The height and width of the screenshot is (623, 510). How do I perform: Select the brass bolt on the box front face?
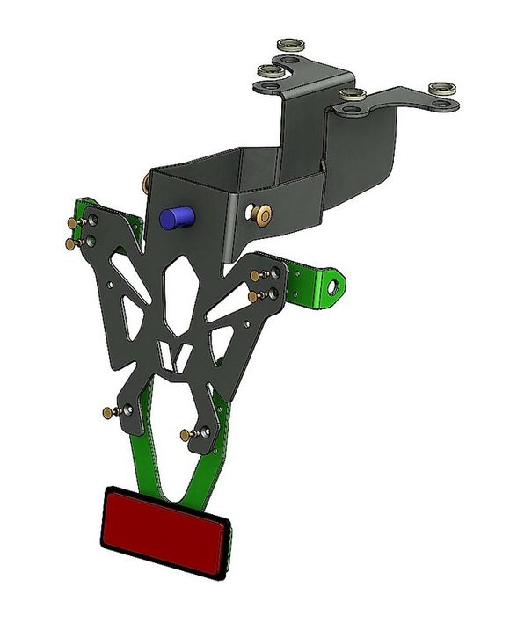261,211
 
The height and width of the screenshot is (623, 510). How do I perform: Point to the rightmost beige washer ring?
441,90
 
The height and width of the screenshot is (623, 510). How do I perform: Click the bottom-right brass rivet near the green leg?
186,434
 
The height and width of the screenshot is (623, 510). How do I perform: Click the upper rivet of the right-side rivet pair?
256,276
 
